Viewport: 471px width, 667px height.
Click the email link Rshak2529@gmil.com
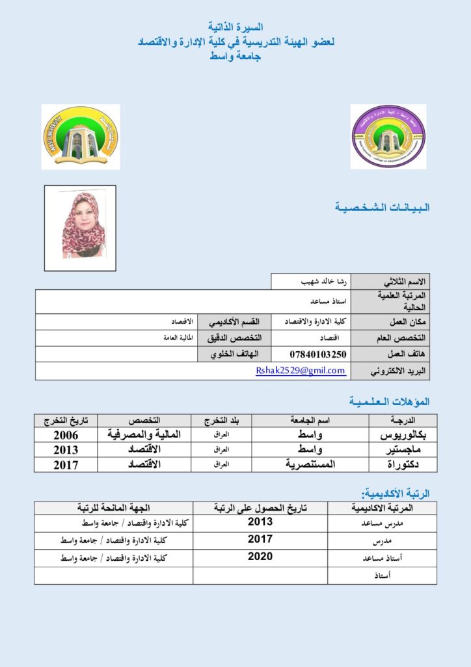pos(301,371)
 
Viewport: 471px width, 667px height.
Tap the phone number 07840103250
pos(318,354)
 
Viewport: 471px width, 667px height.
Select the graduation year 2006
pos(66,434)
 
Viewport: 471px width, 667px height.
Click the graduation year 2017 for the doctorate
pos(66,464)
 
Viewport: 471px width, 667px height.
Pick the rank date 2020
pos(260,557)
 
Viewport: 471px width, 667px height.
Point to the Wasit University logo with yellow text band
pos(81,137)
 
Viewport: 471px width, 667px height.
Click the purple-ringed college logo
pos(388,137)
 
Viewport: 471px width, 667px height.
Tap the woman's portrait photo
pos(80,227)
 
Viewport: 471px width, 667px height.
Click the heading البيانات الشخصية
pos(382,208)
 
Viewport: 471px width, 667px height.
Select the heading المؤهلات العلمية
pos(389,401)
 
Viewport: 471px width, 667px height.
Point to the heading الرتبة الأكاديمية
pos(395,494)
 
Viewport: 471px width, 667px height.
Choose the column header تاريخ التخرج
pos(66,420)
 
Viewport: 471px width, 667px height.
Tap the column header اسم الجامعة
pos(310,420)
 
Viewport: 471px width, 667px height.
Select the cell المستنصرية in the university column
pos(310,464)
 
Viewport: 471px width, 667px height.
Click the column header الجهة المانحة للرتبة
pos(114,508)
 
